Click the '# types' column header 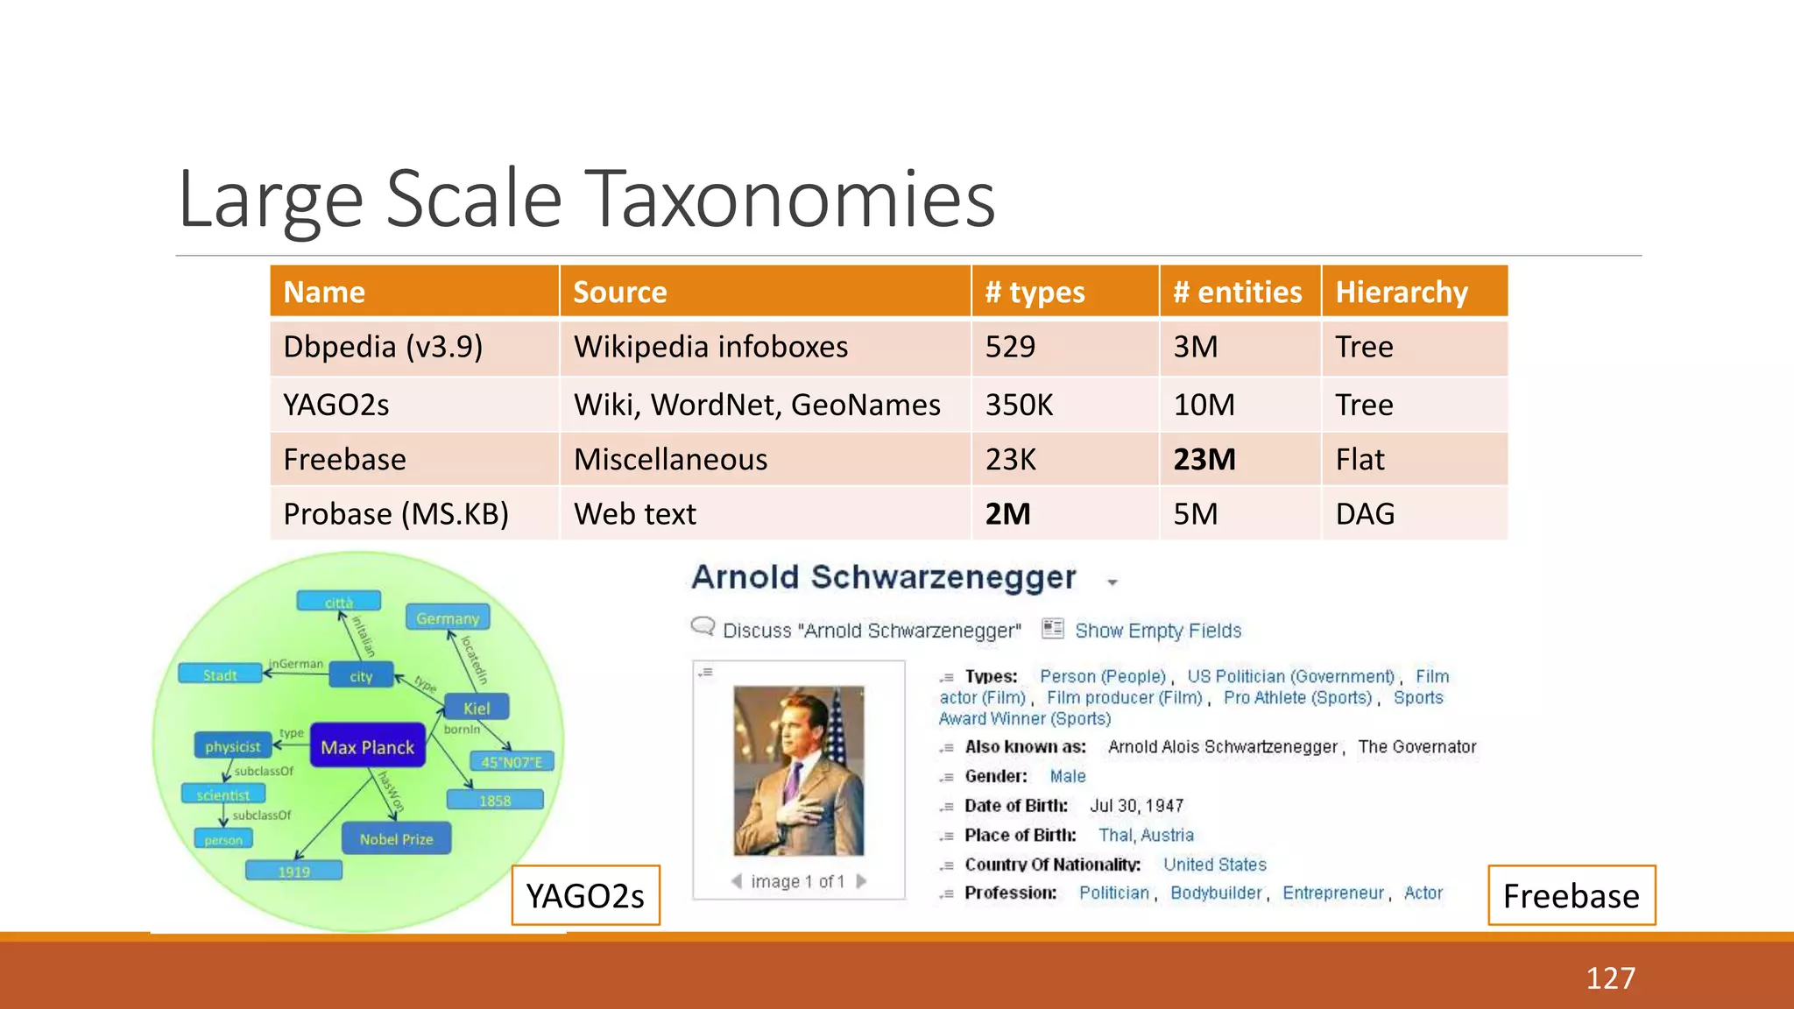(1035, 292)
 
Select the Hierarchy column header (1401, 292)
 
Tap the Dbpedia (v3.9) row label (383, 347)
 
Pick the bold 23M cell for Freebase (1204, 459)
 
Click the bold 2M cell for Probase (1007, 514)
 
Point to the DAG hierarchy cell (1365, 514)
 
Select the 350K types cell (1019, 405)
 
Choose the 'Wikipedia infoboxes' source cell (710, 347)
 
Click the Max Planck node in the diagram (367, 747)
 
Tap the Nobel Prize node (396, 839)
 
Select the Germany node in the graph (448, 618)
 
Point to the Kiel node (477, 708)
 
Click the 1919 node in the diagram (293, 871)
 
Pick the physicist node (232, 746)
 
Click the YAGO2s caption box (585, 896)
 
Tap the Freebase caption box (1571, 896)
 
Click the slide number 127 (1610, 977)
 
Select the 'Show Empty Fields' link (1157, 631)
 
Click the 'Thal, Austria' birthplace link (1146, 835)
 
